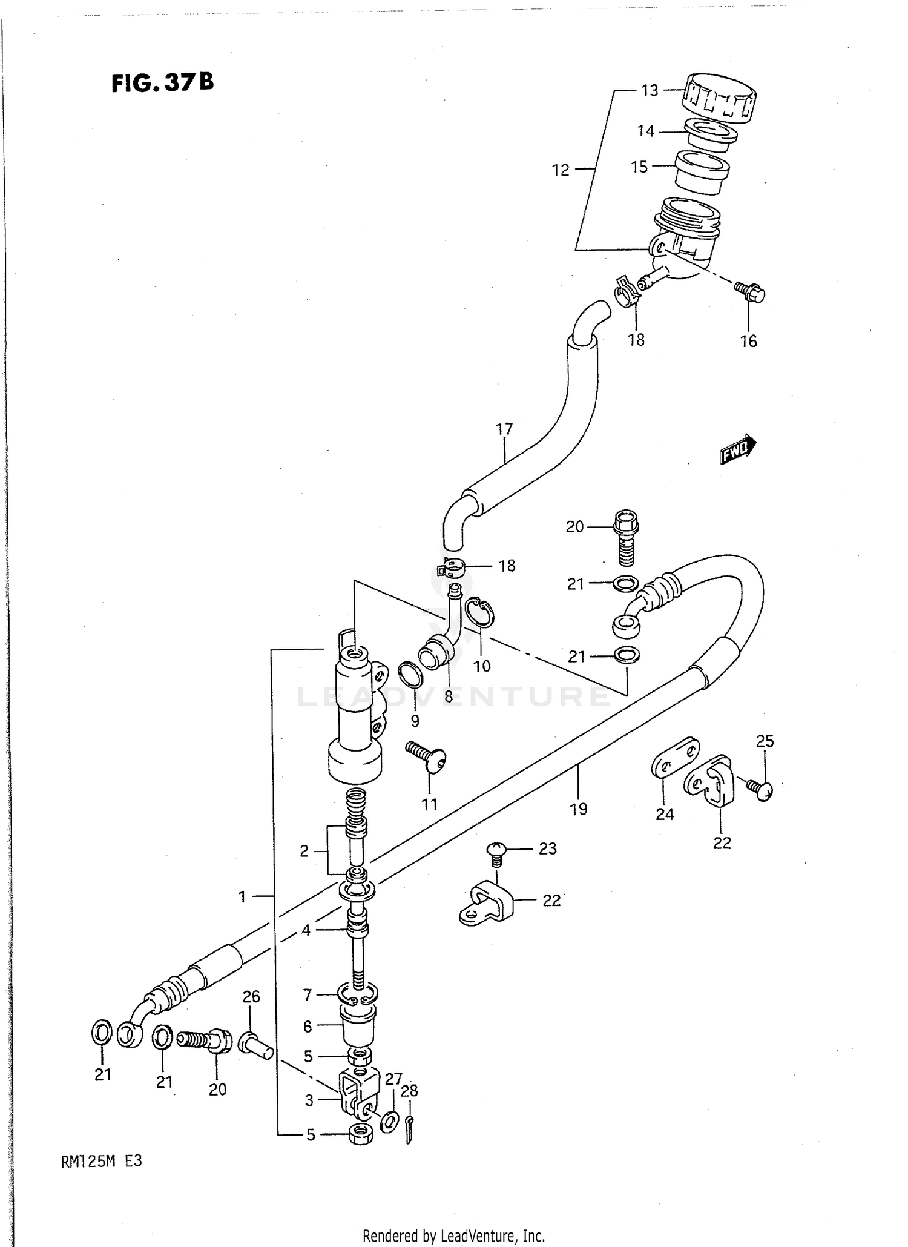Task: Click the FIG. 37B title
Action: pyautogui.click(x=162, y=82)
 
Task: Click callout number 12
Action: pyautogui.click(x=561, y=170)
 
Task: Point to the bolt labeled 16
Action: pyautogui.click(x=751, y=293)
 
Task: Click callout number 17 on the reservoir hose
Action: pyautogui.click(x=504, y=429)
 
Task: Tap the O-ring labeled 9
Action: pyautogui.click(x=410, y=674)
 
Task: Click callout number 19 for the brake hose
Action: pyautogui.click(x=578, y=809)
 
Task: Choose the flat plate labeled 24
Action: pyautogui.click(x=675, y=757)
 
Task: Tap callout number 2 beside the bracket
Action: pyautogui.click(x=304, y=851)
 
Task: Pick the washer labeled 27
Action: pyautogui.click(x=389, y=1120)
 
